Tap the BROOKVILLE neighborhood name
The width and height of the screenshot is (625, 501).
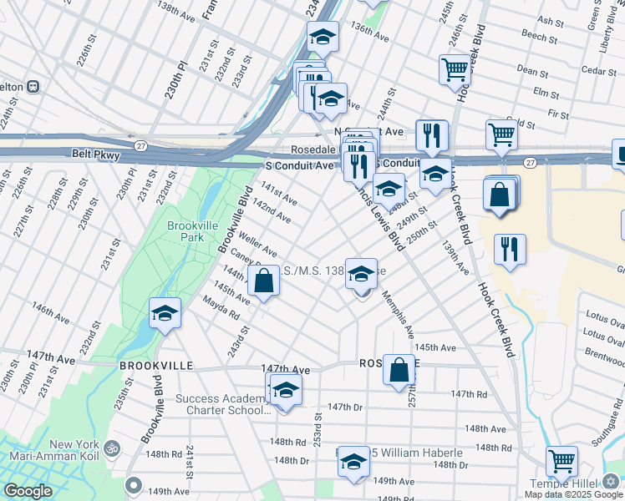(156, 366)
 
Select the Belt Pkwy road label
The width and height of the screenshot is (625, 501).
(96, 155)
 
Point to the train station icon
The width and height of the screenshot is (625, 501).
(34, 86)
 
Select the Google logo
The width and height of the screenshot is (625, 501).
(28, 491)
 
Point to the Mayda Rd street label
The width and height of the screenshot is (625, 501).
(221, 311)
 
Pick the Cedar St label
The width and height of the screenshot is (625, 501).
(600, 71)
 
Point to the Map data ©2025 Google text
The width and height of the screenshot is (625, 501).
(574, 494)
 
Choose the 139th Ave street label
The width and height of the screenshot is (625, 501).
(456, 261)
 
